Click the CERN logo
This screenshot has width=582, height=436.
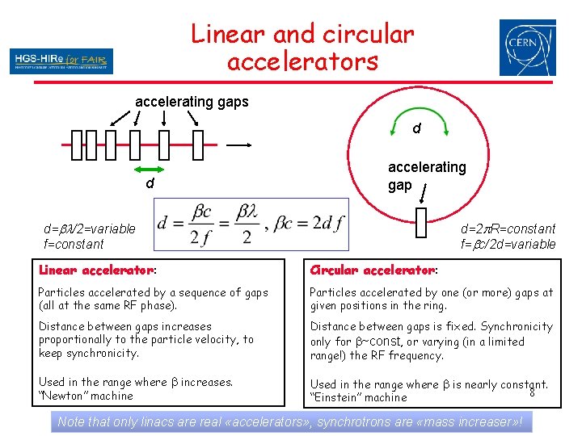[x=527, y=48]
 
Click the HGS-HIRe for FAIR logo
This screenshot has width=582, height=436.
[x=61, y=61]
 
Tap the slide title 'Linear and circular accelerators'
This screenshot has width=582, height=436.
[x=302, y=47]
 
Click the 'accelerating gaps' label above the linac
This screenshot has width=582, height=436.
[x=192, y=102]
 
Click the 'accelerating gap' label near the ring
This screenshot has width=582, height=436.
[x=426, y=175]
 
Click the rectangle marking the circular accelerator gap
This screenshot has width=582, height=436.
[x=420, y=222]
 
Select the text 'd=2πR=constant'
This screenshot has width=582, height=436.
[x=508, y=229]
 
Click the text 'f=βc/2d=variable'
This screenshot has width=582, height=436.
[x=508, y=244]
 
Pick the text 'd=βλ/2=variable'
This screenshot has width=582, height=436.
[x=89, y=229]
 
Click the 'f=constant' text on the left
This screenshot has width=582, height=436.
[x=74, y=244]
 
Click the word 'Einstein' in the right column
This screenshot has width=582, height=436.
[x=339, y=397]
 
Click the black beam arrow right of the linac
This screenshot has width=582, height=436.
[x=238, y=145]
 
